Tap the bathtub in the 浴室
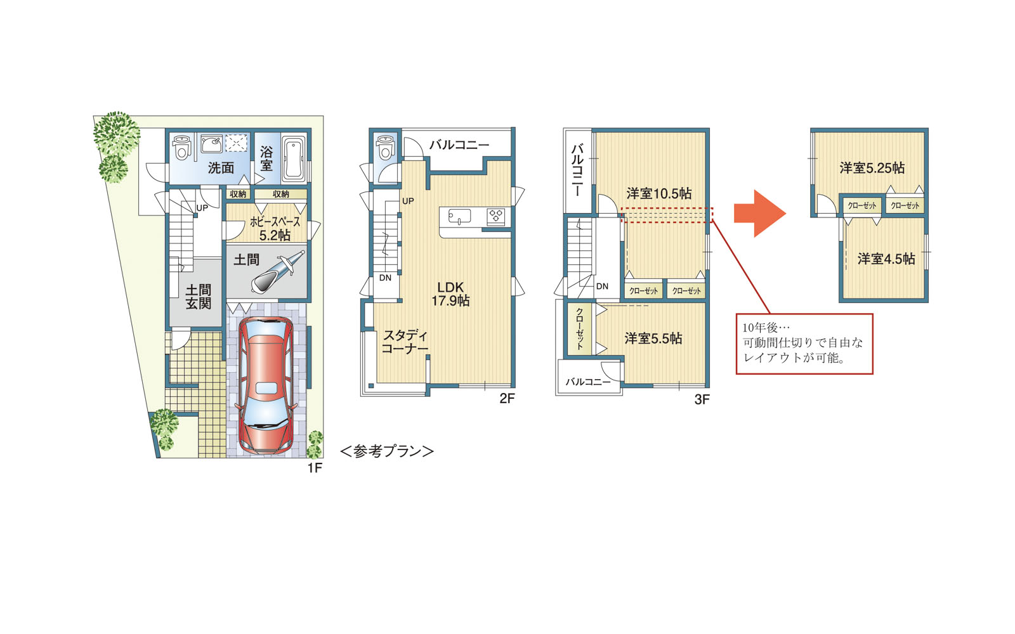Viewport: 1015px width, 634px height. (294, 158)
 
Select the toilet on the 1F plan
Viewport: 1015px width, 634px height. (181, 146)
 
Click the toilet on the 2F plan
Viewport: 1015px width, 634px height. (384, 147)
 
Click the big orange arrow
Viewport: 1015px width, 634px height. (760, 213)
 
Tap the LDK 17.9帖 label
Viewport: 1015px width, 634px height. (450, 294)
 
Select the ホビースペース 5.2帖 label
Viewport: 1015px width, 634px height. (275, 228)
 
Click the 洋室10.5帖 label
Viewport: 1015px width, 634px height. (659, 194)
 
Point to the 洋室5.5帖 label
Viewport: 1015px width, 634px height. (653, 339)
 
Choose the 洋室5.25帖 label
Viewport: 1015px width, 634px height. (872, 168)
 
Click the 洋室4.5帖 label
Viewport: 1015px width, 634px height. (886, 259)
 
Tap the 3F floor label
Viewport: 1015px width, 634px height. (702, 399)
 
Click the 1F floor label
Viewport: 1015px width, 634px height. (315, 468)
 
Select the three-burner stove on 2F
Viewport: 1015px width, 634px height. (495, 216)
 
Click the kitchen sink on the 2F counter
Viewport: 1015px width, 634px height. (459, 216)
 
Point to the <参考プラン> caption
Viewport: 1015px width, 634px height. (387, 451)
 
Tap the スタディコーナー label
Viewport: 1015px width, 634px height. (405, 342)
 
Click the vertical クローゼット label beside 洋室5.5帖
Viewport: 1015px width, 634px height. (580, 329)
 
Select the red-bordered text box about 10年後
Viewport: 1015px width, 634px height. (804, 344)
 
